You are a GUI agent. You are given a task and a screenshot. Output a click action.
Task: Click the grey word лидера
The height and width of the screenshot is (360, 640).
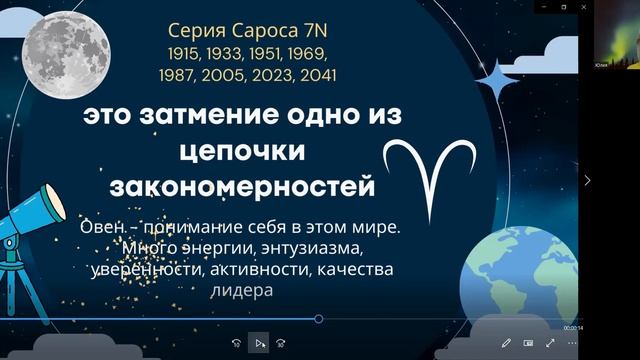click(x=240, y=290)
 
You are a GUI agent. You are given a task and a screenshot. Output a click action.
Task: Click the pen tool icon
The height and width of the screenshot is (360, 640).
click(x=507, y=343)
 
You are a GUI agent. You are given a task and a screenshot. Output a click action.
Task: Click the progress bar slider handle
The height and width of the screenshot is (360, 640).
click(x=318, y=319)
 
